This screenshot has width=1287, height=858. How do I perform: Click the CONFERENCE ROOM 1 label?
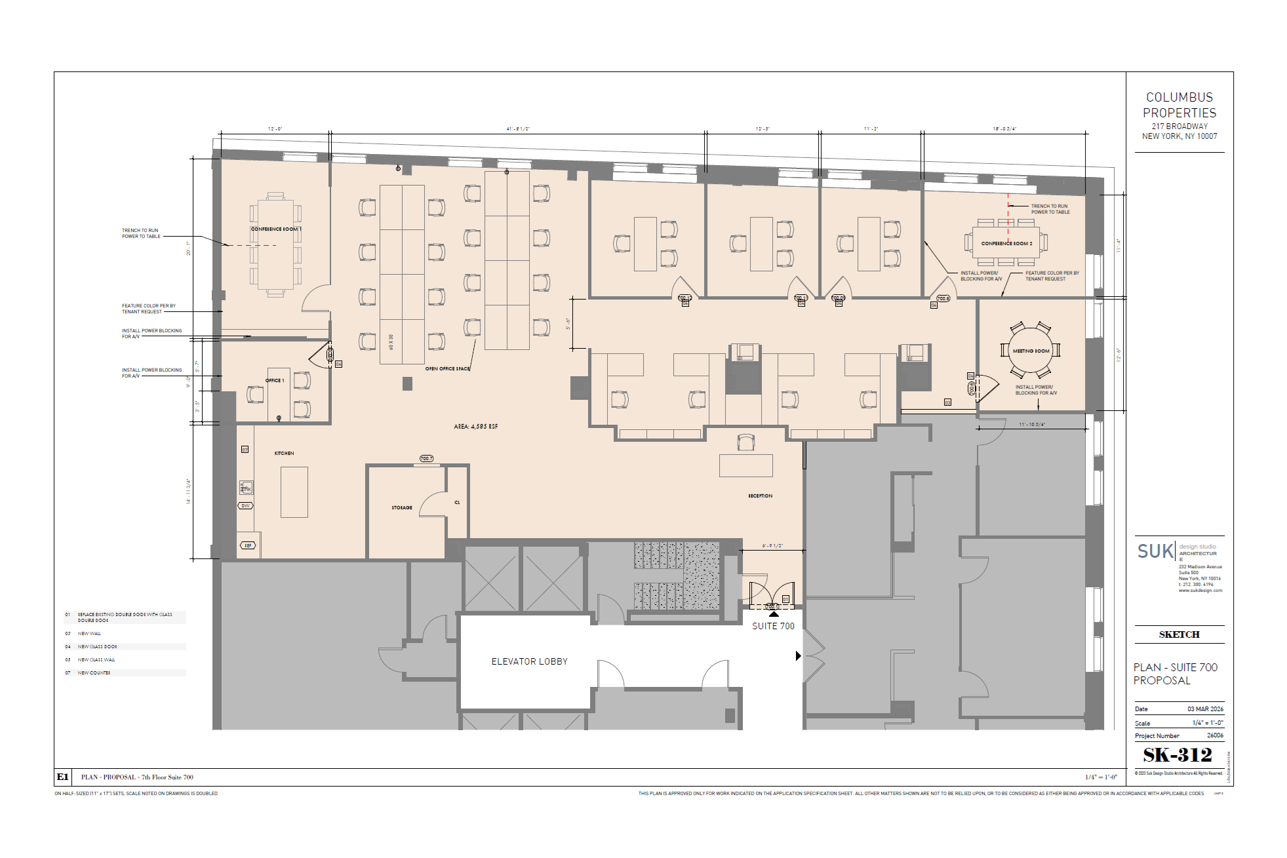(276, 229)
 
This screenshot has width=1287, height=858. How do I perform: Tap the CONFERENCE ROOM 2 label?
(1006, 243)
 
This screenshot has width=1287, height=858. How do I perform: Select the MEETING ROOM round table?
(1031, 351)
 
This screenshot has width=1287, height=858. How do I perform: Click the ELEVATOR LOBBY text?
(530, 661)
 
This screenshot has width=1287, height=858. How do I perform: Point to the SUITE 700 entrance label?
(773, 626)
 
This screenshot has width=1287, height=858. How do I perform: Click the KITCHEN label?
(284, 454)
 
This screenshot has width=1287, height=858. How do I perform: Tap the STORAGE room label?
(402, 508)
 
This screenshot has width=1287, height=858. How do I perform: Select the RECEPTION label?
(760, 496)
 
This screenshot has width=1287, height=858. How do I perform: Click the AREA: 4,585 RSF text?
(475, 427)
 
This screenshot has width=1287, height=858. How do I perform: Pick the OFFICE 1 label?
(275, 381)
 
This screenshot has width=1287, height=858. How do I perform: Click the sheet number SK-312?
(1178, 755)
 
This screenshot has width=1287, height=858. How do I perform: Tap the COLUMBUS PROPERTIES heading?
(1179, 105)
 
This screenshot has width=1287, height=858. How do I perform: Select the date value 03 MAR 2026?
(1205, 709)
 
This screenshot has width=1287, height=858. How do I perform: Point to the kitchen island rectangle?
(294, 492)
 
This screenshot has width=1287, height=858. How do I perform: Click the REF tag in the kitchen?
(248, 545)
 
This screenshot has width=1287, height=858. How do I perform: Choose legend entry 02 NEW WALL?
(90, 634)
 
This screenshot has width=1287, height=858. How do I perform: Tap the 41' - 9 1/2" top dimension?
(517, 129)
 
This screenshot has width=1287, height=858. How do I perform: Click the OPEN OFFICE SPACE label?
(448, 369)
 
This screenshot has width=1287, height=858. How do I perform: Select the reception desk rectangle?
(745, 465)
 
